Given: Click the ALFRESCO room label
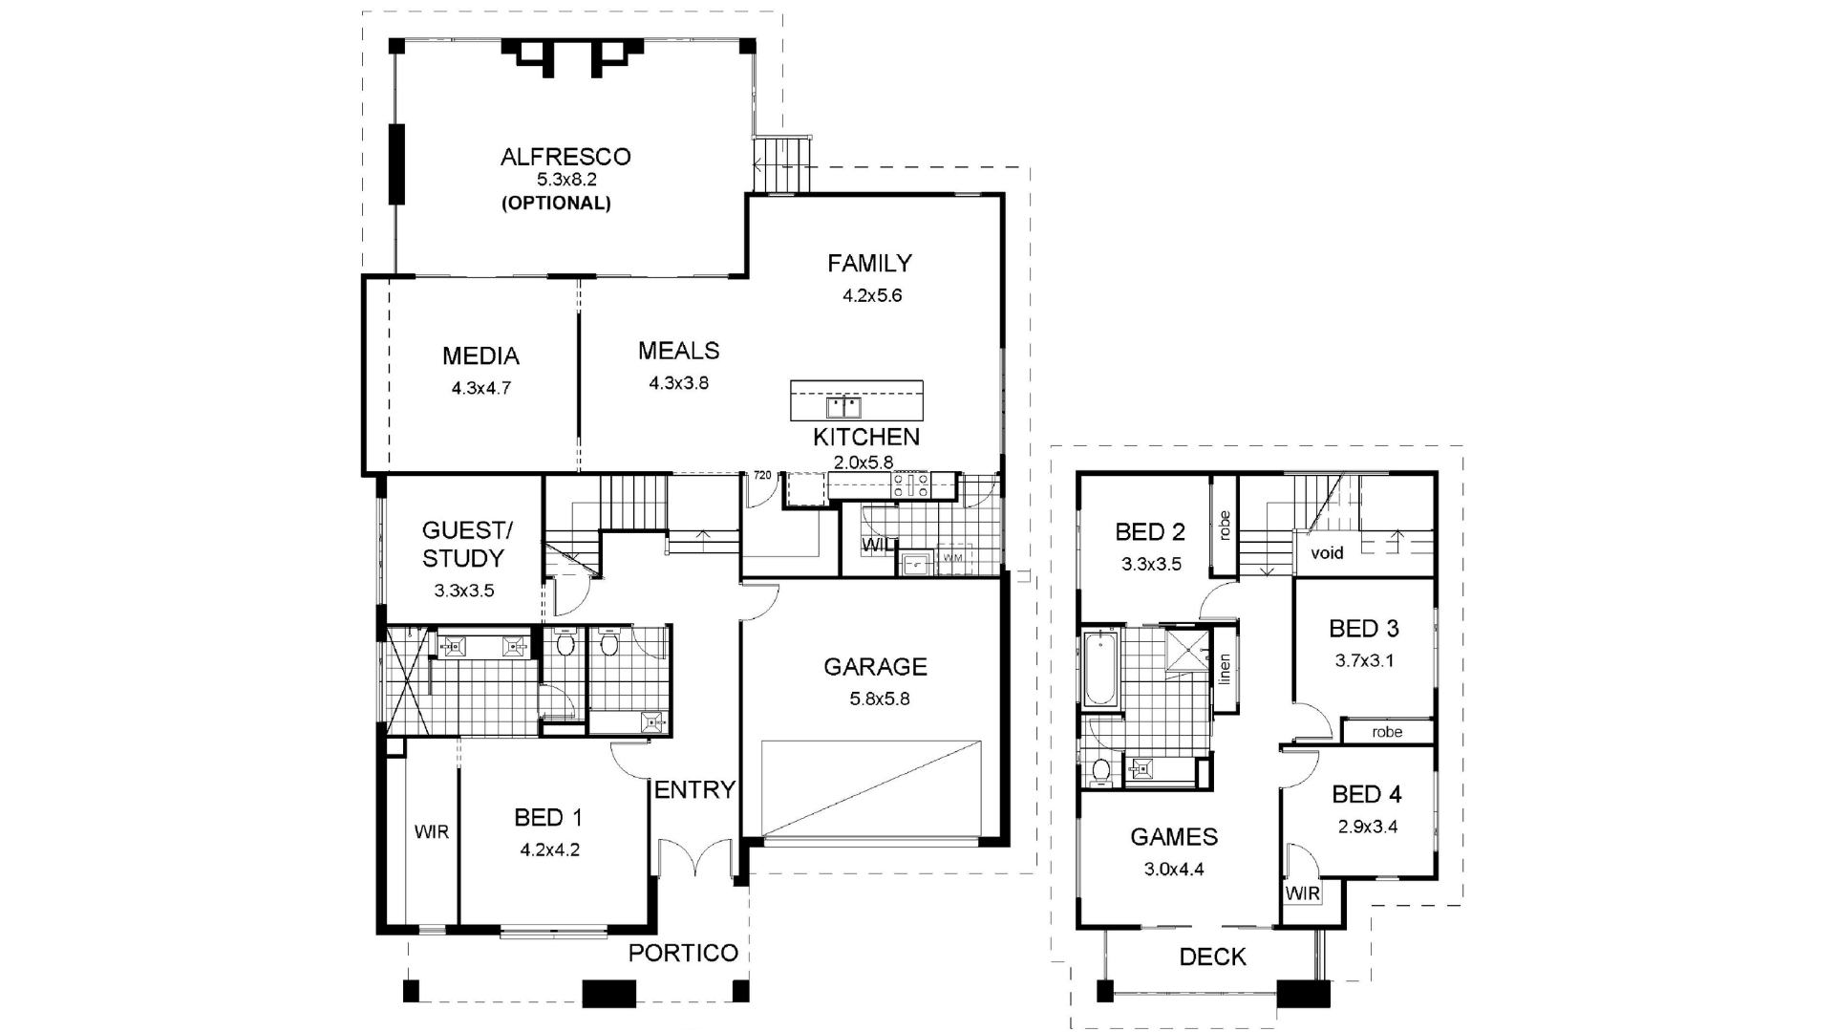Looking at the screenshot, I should coord(565,157).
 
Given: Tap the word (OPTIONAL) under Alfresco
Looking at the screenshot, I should coord(556,204).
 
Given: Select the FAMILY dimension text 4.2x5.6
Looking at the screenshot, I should coord(871,296).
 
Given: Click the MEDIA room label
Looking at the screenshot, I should coord(480,356).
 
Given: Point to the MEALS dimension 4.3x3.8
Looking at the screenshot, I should coord(678,383).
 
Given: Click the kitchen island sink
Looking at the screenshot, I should coord(842,408).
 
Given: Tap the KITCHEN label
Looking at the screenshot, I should coord(865,438).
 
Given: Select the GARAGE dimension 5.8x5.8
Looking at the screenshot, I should coord(879,699).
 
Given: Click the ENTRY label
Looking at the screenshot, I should coord(694,790).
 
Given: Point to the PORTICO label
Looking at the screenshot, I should coord(683,953).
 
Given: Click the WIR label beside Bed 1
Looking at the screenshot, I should coord(431,832).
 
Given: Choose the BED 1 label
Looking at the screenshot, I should coord(547,818).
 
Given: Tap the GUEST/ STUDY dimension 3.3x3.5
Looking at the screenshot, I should coord(464,591).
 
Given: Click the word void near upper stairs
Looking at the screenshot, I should coord(1327,553).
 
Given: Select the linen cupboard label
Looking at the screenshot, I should coord(1225,669).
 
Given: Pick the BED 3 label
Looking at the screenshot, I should coord(1363,629).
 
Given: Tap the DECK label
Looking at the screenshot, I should coord(1212,957).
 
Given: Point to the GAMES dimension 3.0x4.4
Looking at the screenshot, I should coord(1174,871).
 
